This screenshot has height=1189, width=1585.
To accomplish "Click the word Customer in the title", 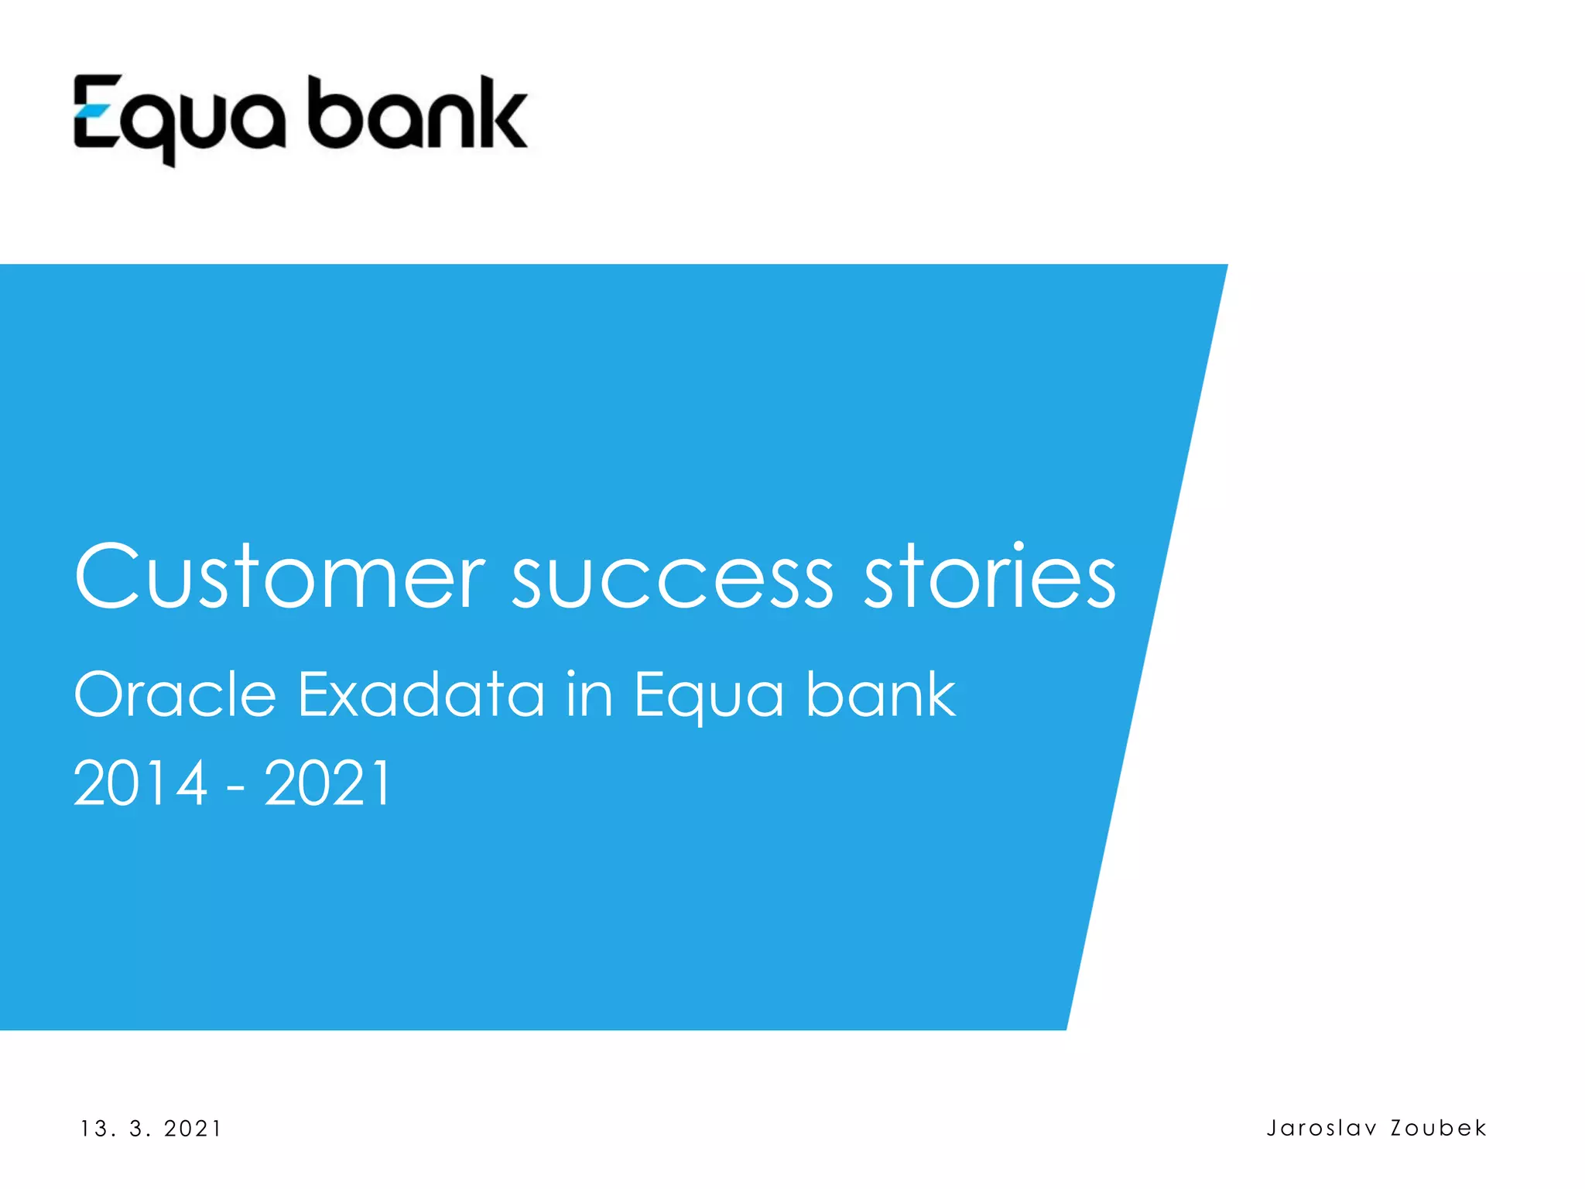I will (279, 577).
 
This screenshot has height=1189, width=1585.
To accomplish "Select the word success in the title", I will (673, 581).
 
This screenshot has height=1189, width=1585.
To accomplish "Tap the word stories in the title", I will (990, 577).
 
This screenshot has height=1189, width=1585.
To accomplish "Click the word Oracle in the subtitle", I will (175, 694).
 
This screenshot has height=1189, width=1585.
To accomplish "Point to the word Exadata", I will (422, 694).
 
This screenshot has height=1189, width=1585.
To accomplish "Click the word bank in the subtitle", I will (881, 694).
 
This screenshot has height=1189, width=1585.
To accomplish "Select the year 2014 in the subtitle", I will (140, 783).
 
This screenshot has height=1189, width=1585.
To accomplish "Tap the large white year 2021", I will (327, 783).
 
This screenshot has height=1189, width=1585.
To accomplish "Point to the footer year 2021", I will (193, 1129).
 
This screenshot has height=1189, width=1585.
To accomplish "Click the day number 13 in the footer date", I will (94, 1129).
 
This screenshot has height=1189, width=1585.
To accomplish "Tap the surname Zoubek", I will (1439, 1128).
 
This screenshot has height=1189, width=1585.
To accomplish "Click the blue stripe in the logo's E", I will (94, 111).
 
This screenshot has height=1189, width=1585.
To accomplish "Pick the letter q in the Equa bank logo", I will (158, 124).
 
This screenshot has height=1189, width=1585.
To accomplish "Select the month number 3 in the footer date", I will (138, 1129).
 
